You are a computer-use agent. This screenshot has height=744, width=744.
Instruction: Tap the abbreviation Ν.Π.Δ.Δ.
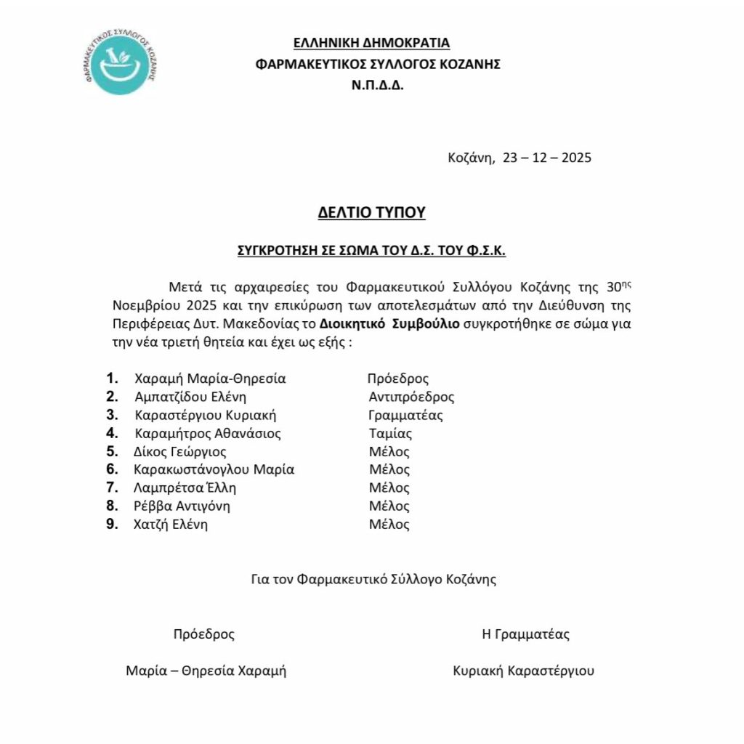[x=377, y=84]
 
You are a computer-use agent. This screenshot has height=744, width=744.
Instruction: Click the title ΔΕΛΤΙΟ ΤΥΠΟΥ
[x=371, y=212]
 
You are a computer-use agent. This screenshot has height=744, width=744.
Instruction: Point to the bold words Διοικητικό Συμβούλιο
[x=389, y=324]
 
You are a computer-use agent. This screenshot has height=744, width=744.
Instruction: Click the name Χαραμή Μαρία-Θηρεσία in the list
[x=210, y=379]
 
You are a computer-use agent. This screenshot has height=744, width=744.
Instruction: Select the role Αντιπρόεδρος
[x=411, y=397]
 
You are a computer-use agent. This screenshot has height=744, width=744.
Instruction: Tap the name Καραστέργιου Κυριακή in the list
[x=206, y=416]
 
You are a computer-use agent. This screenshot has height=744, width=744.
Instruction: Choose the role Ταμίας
[x=390, y=434]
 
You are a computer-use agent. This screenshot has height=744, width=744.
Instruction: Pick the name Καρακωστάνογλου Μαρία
[x=214, y=469]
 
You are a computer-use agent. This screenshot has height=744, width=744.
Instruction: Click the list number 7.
[x=112, y=488]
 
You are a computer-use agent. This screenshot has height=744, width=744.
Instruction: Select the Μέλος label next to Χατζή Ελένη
[x=389, y=525]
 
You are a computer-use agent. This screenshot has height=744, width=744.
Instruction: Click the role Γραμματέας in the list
[x=405, y=416]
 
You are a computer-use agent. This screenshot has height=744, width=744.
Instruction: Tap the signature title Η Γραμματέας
[x=526, y=634]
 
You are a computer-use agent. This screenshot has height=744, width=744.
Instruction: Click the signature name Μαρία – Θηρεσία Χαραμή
[x=206, y=671]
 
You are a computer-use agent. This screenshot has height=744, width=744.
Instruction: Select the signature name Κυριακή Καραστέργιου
[x=522, y=671]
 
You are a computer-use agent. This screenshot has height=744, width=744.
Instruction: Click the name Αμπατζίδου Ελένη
[x=191, y=397]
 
